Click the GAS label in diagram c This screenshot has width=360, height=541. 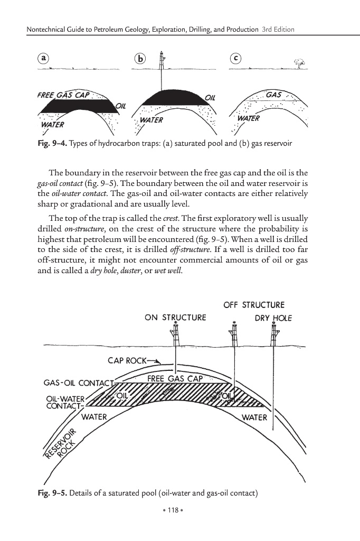point(274,95)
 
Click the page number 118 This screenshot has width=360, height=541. point(180,511)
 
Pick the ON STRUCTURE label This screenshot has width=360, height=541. point(175,318)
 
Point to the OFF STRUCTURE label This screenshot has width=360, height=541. point(254,305)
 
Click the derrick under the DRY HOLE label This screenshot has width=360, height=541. point(273,334)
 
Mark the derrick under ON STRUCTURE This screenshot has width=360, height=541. point(176,334)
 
